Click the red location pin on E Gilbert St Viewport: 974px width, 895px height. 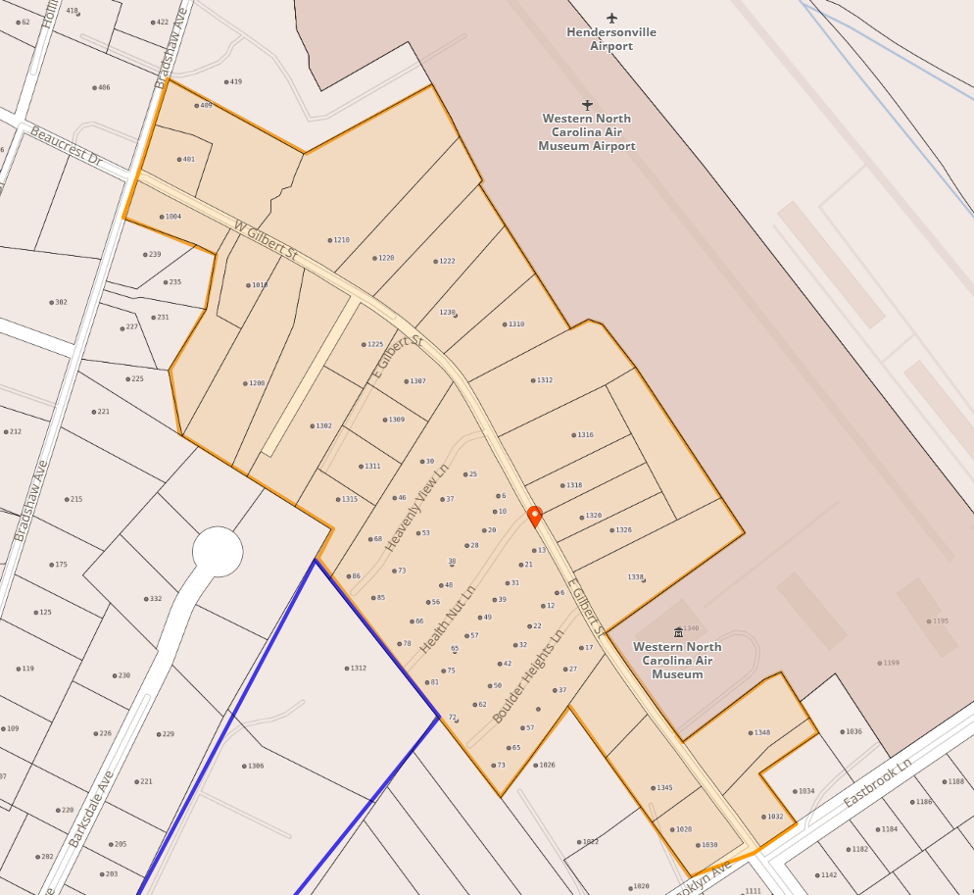click(534, 516)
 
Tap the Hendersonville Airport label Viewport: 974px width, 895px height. click(611, 39)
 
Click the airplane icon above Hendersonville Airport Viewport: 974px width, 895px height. click(612, 18)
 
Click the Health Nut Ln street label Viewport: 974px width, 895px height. click(447, 622)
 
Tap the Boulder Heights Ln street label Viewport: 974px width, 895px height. click(528, 675)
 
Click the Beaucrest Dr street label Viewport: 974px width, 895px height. click(66, 145)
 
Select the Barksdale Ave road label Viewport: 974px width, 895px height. click(91, 809)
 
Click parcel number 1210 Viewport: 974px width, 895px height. click(341, 240)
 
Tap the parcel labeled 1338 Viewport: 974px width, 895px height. click(636, 577)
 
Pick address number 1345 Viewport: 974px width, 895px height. click(664, 788)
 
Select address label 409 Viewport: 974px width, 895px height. click(205, 105)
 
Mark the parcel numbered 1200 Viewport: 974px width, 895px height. click(257, 383)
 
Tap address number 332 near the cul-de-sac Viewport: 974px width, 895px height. click(155, 599)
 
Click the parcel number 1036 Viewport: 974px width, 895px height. click(853, 731)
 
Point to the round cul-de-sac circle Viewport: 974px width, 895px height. click(217, 552)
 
